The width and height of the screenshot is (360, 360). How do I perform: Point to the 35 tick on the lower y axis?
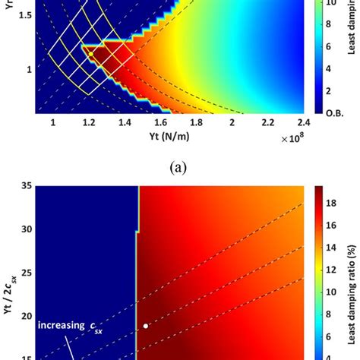[25, 185]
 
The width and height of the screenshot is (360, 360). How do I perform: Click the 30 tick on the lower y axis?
[25, 229]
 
